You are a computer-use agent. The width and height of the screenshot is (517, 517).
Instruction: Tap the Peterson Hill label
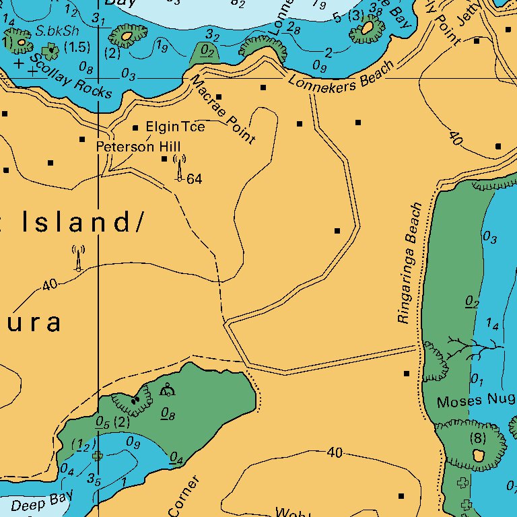coord(129,146)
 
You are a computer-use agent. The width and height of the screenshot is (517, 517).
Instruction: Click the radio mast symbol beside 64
coord(179,168)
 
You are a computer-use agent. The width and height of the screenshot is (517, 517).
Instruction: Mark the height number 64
coord(195,179)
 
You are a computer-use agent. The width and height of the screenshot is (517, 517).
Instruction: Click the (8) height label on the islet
coord(477,439)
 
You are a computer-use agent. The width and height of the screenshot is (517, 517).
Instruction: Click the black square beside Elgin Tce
coord(135,127)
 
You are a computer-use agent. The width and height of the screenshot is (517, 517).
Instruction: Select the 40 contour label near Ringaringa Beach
coord(456,139)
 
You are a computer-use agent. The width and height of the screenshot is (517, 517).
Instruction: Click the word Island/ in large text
coord(81,222)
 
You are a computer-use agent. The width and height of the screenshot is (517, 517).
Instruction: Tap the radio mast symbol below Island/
coord(78,258)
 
